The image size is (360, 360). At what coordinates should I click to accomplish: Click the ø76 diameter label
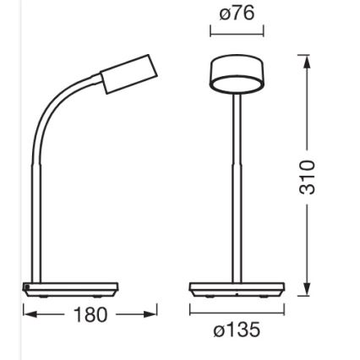pos(237,13)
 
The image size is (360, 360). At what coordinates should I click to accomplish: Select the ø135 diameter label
pos(237,330)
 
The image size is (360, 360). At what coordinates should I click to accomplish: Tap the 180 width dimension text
pos(90,315)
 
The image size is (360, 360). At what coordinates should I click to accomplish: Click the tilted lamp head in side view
pos(127,75)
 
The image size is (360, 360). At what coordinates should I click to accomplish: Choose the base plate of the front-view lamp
pos(237,289)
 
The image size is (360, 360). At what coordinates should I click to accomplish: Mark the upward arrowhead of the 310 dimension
pos(306,66)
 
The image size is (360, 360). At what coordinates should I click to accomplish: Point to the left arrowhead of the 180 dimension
pos(29,314)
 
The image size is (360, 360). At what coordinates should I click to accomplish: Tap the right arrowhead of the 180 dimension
pos(151,314)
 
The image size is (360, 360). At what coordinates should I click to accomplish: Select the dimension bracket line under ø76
pos(237,32)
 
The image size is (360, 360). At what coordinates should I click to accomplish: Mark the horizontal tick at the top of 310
pos(306,56)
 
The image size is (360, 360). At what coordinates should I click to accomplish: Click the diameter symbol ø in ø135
pos(219,330)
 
